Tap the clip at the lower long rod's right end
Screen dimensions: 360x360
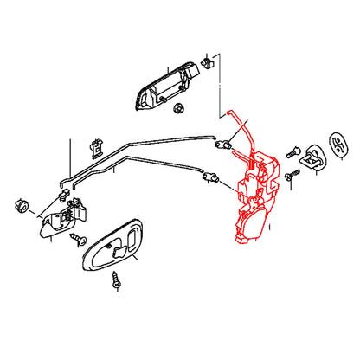tap(208, 177)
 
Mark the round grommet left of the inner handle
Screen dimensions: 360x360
tap(20, 205)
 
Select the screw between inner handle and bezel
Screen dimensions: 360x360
tap(77, 235)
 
